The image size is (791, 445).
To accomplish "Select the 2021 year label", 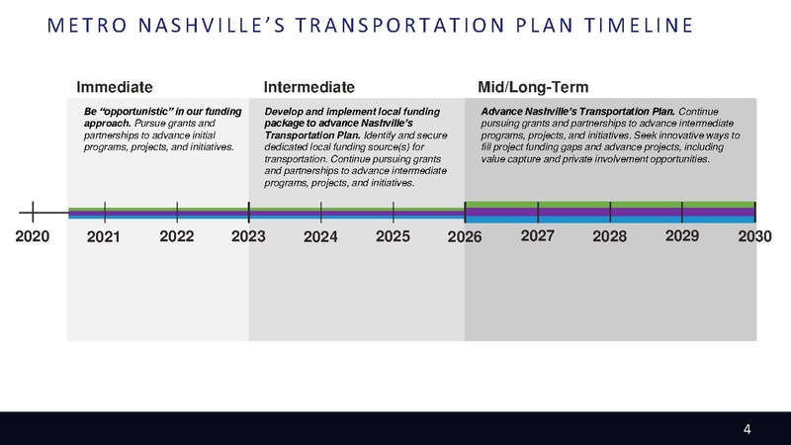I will [x=104, y=237].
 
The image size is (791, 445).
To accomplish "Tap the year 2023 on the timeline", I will [x=248, y=237].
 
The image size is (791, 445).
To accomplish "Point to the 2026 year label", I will [x=464, y=237].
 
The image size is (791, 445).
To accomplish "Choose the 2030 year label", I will [x=754, y=237].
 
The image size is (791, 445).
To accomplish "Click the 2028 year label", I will [x=610, y=237].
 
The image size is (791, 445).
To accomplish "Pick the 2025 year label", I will [x=394, y=236].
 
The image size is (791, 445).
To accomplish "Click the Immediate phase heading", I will [x=115, y=87].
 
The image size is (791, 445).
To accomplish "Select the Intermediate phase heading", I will [x=308, y=87].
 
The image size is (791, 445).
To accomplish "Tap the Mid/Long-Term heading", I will [x=533, y=87].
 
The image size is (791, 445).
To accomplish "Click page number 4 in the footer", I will [x=747, y=428].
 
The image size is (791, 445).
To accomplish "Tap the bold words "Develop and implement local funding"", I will [x=351, y=111].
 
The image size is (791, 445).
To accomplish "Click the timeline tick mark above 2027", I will [x=538, y=212].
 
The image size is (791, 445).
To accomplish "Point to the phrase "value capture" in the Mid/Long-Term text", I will [x=513, y=158].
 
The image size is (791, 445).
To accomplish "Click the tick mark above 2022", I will [x=176, y=212].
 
